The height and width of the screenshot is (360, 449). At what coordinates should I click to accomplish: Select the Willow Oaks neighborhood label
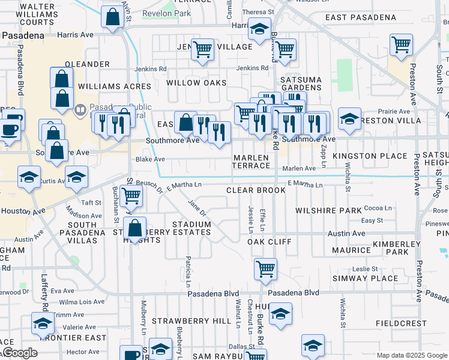click(x=196, y=83)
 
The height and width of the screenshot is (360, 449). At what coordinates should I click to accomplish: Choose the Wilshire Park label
click(x=328, y=211)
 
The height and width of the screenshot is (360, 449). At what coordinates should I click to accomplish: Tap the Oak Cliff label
click(x=270, y=242)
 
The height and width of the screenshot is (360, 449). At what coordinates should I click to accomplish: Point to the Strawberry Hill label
click(x=191, y=321)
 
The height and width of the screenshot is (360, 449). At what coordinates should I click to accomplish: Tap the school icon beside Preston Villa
click(x=349, y=118)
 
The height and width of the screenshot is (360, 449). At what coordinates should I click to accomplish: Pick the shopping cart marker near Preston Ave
click(x=401, y=44)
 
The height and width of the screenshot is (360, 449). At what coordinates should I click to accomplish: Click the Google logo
click(x=19, y=353)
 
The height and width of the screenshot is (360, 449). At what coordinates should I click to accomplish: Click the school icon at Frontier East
click(x=43, y=324)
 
